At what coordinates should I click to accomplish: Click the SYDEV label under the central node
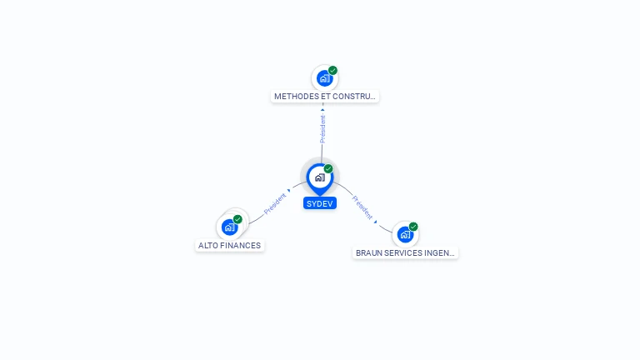[320, 203]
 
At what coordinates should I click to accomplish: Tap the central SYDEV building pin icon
[319, 177]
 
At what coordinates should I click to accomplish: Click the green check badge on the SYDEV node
[328, 168]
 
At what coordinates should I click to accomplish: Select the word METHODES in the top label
[296, 97]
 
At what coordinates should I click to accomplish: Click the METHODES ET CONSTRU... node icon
[323, 78]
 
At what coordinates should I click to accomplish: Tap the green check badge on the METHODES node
[332, 71]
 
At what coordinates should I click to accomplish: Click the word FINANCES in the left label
[241, 246]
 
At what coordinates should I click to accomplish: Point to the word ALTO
[208, 246]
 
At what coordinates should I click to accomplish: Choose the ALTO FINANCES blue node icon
[229, 227]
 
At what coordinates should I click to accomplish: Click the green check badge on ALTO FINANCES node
[237, 219]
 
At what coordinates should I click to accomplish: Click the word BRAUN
[369, 252]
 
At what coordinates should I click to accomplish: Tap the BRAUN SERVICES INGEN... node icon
[405, 234]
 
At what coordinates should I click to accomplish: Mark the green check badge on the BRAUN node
[413, 227]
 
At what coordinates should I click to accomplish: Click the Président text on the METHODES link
[323, 128]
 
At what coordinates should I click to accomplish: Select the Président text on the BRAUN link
[362, 207]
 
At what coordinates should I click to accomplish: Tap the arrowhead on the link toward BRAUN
[376, 222]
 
